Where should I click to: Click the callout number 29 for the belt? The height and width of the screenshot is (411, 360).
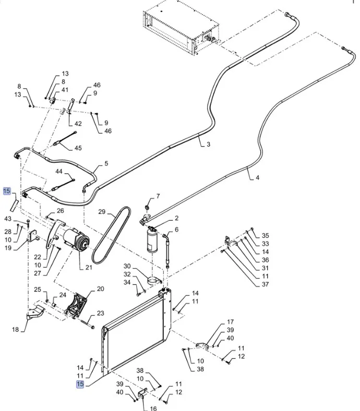[102, 212]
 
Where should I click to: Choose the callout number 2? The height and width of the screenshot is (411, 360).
[176, 219]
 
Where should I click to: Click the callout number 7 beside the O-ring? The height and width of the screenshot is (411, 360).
[159, 196]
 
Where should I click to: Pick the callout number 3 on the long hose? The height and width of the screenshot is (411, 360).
[208, 144]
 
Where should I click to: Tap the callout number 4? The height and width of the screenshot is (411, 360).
[257, 178]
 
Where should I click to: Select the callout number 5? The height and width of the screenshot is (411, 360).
[106, 164]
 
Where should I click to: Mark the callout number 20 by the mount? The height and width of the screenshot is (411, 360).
[101, 288]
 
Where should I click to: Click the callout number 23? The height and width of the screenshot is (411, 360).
[101, 313]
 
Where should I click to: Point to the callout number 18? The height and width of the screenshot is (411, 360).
[16, 330]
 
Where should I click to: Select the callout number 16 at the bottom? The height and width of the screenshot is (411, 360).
[153, 408]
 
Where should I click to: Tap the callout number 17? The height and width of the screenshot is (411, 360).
[230, 322]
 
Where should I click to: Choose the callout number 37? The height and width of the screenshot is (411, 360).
[265, 284]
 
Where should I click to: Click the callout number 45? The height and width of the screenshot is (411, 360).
[78, 148]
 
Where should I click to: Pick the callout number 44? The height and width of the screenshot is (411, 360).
[59, 172]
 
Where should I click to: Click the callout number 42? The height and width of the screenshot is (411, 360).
[78, 124]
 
